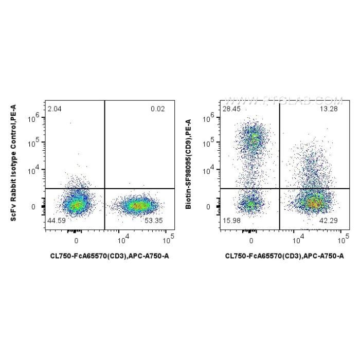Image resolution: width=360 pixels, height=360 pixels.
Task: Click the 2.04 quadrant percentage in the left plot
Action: (x=54, y=109)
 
